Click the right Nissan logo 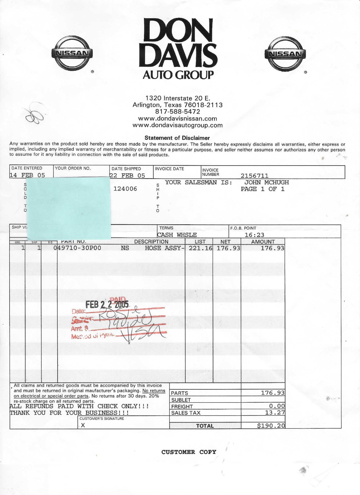tap(285, 54)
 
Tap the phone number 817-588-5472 tap(178, 112)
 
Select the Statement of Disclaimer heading tap(177, 138)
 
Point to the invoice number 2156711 tap(254, 176)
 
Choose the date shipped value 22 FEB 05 tap(127, 175)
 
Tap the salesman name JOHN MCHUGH tap(266, 182)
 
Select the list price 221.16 tap(200, 248)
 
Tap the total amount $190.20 tap(271, 426)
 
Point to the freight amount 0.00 tap(277, 406)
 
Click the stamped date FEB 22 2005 tap(107, 304)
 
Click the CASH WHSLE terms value tap(177, 235)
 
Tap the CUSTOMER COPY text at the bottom tap(189, 452)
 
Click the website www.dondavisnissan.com tap(178, 118)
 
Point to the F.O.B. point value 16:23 tap(254, 235)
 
